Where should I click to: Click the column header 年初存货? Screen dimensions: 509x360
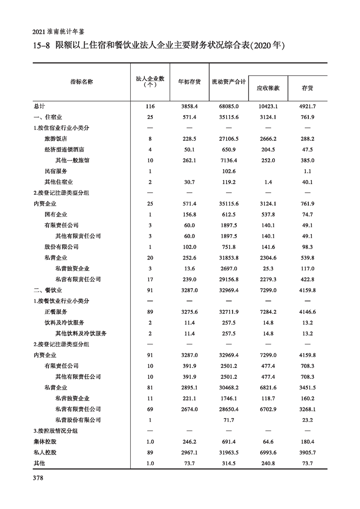(189, 82)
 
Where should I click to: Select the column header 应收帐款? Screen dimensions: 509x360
(268, 88)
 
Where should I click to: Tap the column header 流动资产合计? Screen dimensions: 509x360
(229, 82)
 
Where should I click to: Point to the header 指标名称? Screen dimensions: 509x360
(82, 82)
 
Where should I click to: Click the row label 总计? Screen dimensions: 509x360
(39, 106)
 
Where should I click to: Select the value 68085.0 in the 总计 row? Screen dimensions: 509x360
(229, 106)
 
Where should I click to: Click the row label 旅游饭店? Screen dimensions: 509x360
(56, 139)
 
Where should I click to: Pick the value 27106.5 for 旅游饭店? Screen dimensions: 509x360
(229, 139)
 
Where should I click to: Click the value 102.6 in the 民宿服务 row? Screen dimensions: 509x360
(229, 171)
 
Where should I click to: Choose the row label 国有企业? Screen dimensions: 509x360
(56, 215)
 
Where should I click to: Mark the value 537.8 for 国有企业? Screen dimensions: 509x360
(268, 215)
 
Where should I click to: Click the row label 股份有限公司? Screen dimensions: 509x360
(62, 247)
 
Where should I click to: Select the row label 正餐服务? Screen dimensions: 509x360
(56, 312)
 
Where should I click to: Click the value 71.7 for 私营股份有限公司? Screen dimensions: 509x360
(229, 420)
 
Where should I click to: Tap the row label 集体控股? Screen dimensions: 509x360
(45, 441)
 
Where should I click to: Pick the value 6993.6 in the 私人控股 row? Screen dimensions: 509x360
(268, 452)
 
